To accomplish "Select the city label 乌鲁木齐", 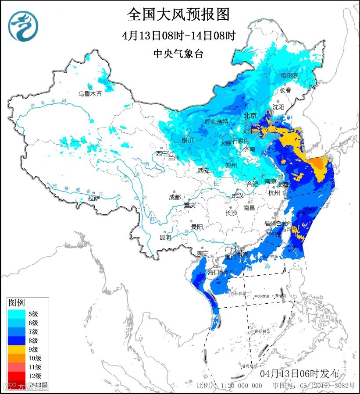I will coord(90,93).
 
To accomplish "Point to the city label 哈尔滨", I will coord(289,76).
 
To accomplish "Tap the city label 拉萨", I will coord(94,198).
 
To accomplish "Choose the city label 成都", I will coord(174,197).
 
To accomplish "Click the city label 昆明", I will coord(165,237).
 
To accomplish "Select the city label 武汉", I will coord(237,195).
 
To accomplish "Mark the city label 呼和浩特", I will coord(217,121).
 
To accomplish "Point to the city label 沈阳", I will coord(278,106).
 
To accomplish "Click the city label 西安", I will coord(203,170).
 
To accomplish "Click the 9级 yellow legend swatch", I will coord(17,349).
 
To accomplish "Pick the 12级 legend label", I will coord(35,376).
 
